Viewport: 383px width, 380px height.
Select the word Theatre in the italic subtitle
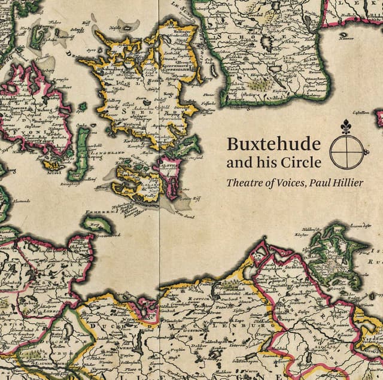pyautogui.click(x=244, y=183)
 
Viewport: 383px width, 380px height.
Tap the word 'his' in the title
pyautogui.click(x=269, y=162)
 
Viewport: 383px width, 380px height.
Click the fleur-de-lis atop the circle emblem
pyautogui.click(x=344, y=128)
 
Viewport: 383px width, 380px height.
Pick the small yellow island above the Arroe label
pyautogui.click(x=56, y=163)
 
